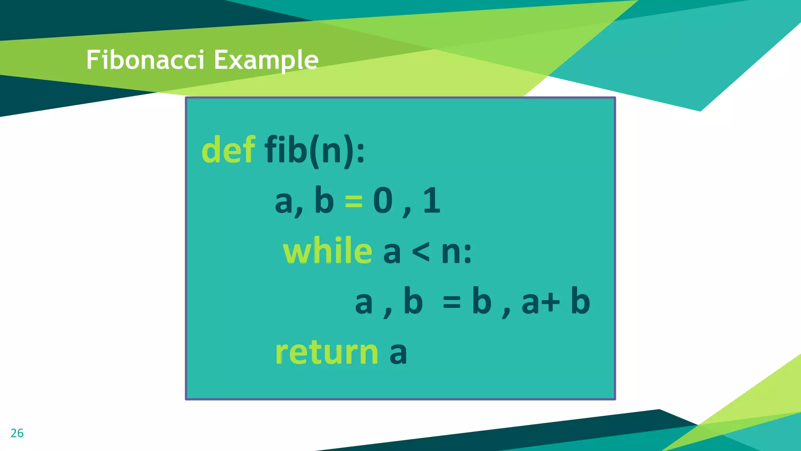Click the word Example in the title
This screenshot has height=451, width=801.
point(266,61)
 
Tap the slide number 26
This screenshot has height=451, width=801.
point(17,433)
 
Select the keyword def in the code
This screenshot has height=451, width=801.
point(228,150)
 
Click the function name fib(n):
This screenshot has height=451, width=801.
point(314,150)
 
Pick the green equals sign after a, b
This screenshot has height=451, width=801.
point(354,202)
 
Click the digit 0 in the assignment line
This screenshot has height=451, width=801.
point(383,201)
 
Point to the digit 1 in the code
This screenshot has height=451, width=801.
point(432,201)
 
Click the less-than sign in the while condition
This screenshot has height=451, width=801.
point(421,252)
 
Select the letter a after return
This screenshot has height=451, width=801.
point(398,353)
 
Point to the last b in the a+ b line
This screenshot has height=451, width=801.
point(580,301)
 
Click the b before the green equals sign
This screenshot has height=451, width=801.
point(324,201)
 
